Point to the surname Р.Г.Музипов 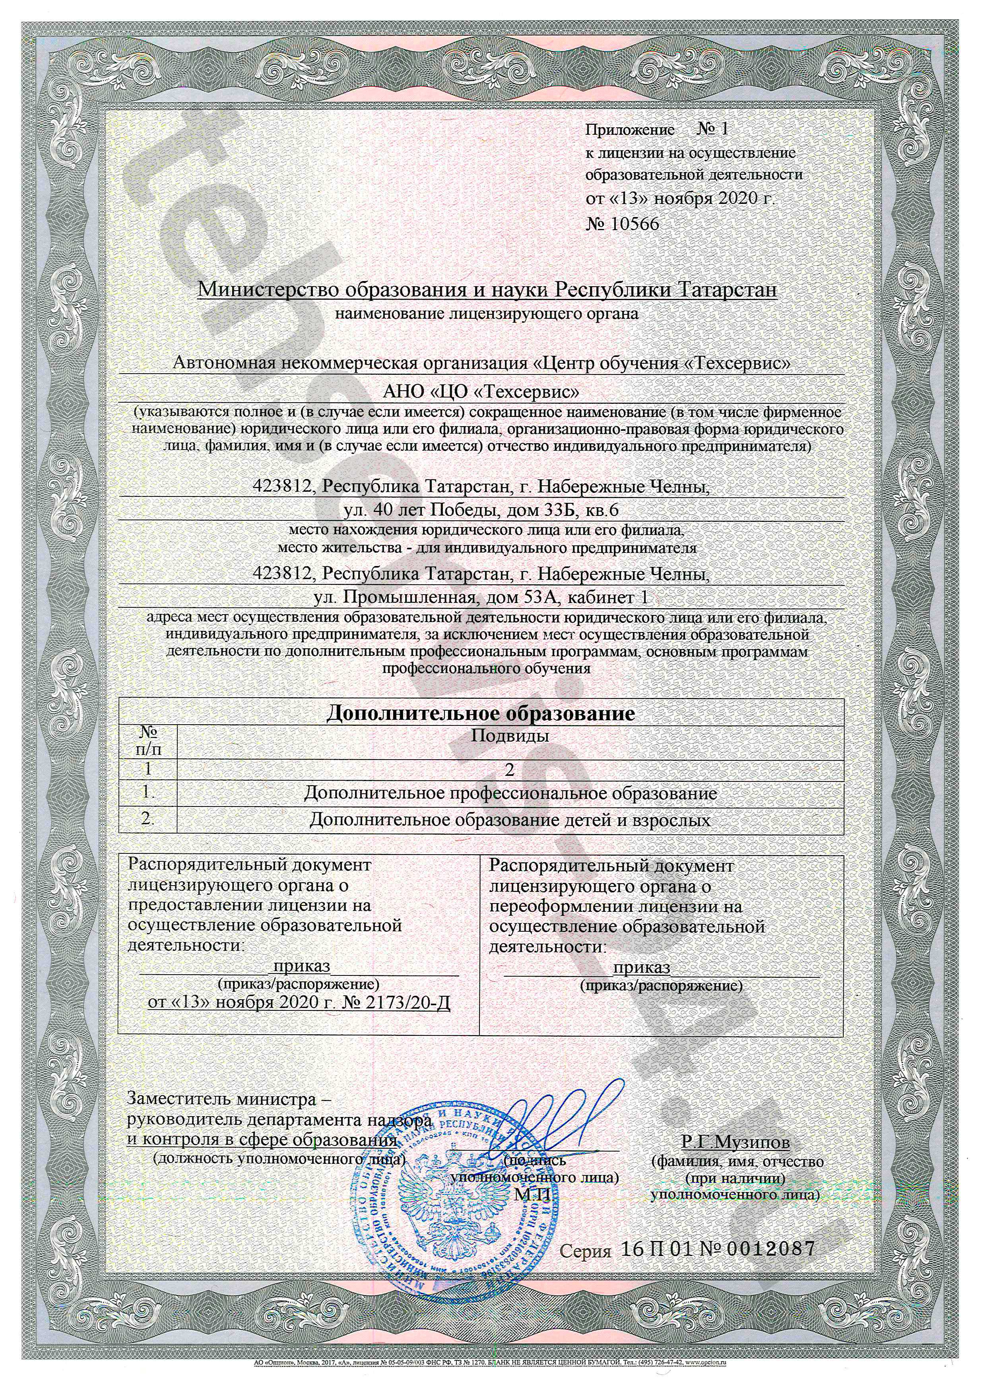(x=736, y=1143)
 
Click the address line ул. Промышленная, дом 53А (x=479, y=598)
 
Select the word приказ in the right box (x=641, y=967)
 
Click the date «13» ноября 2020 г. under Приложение (x=681, y=198)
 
